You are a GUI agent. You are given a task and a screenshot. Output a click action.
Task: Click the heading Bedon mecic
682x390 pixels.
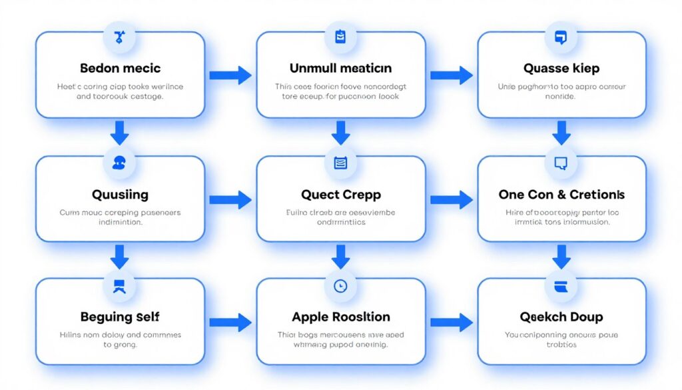[120, 68]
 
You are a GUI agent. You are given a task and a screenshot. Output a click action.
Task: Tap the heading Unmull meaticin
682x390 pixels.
[340, 68]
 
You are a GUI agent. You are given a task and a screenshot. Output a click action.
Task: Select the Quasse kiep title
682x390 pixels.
[561, 68]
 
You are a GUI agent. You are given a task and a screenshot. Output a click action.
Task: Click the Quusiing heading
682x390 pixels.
[120, 195]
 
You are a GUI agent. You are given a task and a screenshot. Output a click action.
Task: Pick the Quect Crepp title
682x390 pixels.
[340, 195]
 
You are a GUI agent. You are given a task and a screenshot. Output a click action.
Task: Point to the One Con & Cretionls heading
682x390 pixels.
[561, 195]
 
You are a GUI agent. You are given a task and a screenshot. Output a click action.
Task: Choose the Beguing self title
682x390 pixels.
[120, 316]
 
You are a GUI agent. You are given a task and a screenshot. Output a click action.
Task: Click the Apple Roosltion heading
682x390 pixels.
[340, 316]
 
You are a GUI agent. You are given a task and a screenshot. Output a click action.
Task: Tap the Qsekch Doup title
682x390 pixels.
[561, 316]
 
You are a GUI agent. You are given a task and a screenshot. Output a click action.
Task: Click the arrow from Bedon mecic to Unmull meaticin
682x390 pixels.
[230, 75]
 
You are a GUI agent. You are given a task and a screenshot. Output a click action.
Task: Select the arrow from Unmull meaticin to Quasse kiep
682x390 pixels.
[452, 75]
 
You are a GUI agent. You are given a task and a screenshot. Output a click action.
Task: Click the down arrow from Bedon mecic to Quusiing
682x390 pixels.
[120, 133]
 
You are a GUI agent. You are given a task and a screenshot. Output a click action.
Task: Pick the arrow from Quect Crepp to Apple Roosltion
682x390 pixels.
[340, 256]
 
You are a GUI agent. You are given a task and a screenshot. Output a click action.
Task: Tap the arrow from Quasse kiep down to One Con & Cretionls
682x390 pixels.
[561, 133]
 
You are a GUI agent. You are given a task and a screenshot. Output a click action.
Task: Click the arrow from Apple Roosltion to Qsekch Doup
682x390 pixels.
[452, 323]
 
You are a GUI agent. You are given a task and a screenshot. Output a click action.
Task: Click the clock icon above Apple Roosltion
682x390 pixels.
[340, 285]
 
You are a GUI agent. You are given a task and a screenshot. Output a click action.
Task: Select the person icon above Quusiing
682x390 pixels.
[120, 163]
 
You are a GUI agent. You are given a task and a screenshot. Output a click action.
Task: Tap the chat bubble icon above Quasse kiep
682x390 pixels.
[561, 37]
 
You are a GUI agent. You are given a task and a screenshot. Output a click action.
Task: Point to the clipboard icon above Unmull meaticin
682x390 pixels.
[340, 37]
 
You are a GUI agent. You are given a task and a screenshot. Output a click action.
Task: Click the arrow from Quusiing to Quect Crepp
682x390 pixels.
[230, 199]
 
